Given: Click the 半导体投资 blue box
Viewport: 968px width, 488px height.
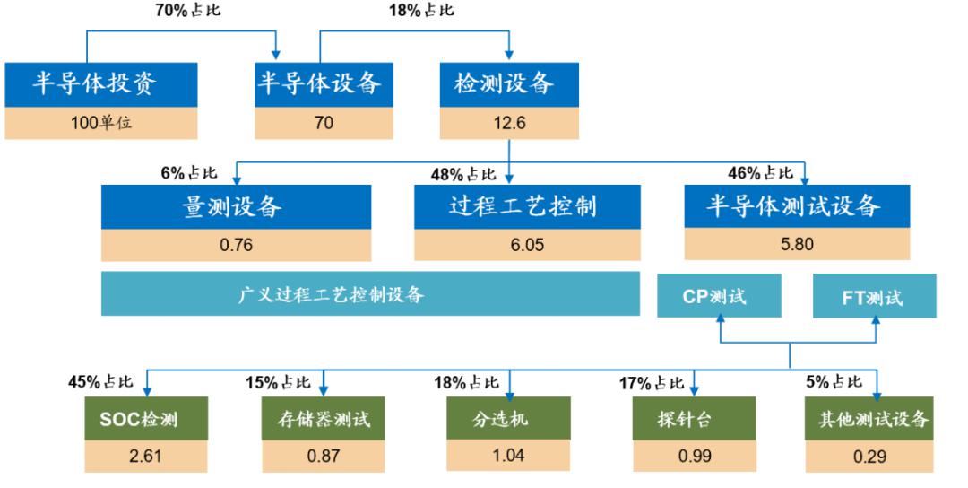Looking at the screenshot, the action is tap(101, 84).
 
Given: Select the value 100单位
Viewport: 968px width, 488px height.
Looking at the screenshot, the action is tap(101, 122).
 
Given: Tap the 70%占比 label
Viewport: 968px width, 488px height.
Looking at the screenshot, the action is tap(187, 10).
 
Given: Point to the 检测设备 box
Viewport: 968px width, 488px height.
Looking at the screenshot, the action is tap(509, 84).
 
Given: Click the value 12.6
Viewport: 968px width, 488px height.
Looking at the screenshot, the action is tap(509, 122).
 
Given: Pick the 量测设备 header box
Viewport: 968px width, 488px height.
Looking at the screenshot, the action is tap(237, 206).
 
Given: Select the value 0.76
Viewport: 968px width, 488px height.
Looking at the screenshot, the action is tap(237, 245).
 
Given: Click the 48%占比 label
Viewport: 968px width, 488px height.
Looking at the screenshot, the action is tap(463, 174).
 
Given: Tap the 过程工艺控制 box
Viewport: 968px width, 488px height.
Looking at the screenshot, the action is tap(527, 206).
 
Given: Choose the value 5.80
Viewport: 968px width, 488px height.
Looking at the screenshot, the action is tap(797, 244).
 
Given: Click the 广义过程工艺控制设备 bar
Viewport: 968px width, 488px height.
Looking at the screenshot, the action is tap(370, 293).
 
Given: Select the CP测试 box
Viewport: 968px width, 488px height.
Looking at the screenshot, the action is tap(719, 296).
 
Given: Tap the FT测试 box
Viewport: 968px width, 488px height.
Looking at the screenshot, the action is tap(874, 297).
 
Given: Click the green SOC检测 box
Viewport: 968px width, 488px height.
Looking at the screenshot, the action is tap(146, 419).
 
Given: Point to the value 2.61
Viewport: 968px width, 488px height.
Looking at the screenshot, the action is tap(146, 456).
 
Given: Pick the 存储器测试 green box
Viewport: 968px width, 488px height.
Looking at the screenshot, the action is tap(324, 419).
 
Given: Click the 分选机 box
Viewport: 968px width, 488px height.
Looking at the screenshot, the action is tap(509, 419).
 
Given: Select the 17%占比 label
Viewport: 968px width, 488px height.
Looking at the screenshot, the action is tap(652, 383).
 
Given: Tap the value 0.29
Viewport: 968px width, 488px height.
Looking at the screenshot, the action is tap(869, 457).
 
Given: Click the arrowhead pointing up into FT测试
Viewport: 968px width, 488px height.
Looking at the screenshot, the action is tap(876, 320).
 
